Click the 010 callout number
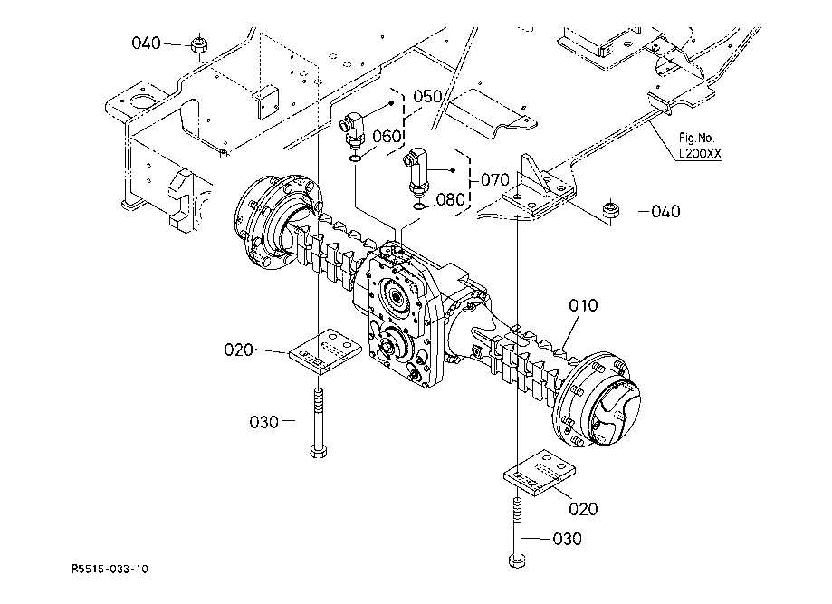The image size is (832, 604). (583, 305)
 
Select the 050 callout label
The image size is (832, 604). (427, 97)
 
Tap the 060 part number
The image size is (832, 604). (387, 137)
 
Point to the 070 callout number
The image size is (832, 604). (495, 180)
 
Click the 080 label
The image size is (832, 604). (450, 199)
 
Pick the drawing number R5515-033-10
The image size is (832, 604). (110, 570)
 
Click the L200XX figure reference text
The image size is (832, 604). (700, 154)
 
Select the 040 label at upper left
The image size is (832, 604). (146, 43)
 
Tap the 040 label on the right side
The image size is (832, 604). (665, 212)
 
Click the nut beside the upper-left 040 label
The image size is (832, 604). (199, 45)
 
